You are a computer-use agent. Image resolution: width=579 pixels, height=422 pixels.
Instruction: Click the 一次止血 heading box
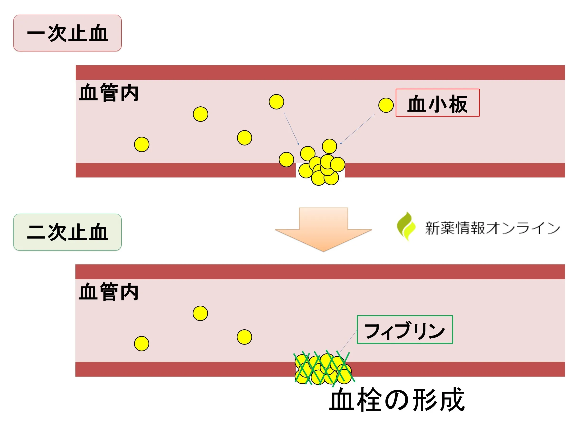(x=67, y=33)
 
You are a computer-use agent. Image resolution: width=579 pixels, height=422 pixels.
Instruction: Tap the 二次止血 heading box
(x=67, y=232)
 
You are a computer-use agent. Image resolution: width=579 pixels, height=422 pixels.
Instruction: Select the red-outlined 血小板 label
(x=437, y=103)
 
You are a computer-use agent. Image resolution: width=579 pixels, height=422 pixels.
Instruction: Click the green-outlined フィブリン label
(x=405, y=330)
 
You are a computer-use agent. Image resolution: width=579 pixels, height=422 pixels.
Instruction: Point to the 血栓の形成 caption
(x=397, y=400)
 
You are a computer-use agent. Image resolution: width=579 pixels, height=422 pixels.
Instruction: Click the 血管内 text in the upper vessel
(x=109, y=92)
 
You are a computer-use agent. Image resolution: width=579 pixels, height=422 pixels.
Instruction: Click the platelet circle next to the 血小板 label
(x=386, y=105)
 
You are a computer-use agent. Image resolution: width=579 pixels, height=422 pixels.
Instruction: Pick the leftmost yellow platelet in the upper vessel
(x=142, y=144)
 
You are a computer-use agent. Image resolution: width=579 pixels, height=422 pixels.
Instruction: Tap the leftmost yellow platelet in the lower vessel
(x=141, y=344)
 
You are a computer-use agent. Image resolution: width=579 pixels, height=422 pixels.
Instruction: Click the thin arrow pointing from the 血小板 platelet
(x=357, y=129)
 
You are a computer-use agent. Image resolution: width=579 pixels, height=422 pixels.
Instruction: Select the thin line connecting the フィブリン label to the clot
(x=348, y=341)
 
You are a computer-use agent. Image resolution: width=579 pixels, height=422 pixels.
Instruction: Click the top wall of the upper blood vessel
(x=320, y=73)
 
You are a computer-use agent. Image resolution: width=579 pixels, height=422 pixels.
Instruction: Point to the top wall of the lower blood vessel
(x=320, y=272)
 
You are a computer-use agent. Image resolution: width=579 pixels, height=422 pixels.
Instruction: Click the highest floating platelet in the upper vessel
(x=276, y=102)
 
